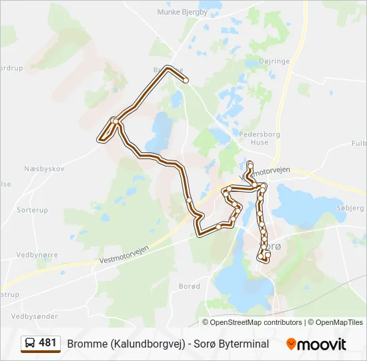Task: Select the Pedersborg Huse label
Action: tap(254, 138)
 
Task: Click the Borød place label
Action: tap(190, 286)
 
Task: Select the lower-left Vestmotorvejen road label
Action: tap(123, 253)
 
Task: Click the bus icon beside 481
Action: tap(30, 343)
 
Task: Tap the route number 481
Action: tap(47, 343)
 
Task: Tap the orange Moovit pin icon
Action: tap(291, 344)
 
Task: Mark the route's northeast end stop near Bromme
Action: tap(186, 81)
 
